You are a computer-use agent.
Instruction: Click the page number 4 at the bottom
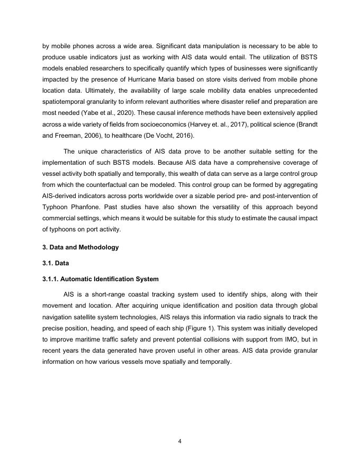click(x=179, y=440)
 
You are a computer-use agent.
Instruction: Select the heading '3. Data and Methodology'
click(x=80, y=247)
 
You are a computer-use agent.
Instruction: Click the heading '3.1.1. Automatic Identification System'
click(x=101, y=279)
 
